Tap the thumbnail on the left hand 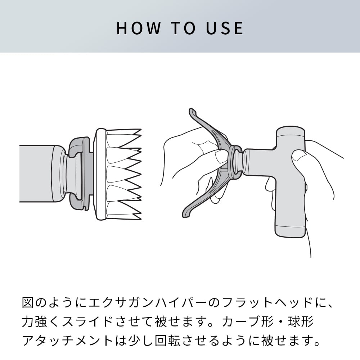pyautogui.click(x=220, y=156)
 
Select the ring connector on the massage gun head pyautogui.click(x=235, y=162)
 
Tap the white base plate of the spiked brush pyautogui.click(x=100, y=174)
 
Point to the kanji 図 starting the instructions pyautogui.click(x=28, y=302)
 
